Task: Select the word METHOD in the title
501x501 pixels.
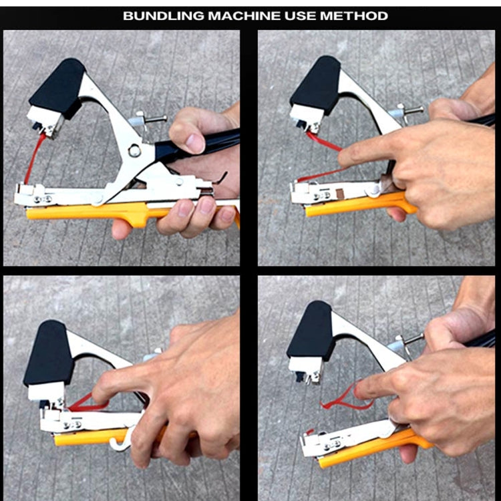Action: [x=353, y=15]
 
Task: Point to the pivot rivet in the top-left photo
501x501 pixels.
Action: [x=136, y=151]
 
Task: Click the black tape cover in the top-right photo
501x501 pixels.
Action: [x=315, y=83]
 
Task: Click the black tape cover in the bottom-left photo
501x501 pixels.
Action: [x=47, y=353]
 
